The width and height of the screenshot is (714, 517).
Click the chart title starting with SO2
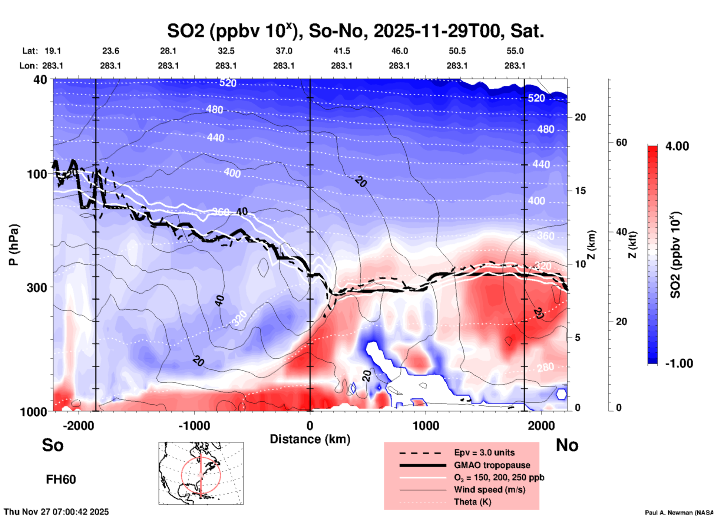click(355, 31)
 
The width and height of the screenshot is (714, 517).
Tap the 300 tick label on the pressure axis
click(37, 287)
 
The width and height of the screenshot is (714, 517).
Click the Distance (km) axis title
click(310, 439)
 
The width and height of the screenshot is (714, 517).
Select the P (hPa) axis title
click(14, 245)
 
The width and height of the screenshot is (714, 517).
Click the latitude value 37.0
click(284, 51)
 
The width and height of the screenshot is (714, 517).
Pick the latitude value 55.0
click(515, 51)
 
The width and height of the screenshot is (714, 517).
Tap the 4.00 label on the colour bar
click(677, 146)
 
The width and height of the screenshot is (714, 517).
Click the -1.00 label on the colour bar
click(679, 363)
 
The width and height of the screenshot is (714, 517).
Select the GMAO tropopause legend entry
click(492, 465)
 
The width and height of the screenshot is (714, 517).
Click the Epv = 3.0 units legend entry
click(484, 452)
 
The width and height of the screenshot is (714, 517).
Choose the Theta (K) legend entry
click(472, 502)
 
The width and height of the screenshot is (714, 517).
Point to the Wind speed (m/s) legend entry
click(489, 490)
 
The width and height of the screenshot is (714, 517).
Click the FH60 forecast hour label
click(61, 480)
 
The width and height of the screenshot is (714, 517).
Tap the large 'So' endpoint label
click(53, 445)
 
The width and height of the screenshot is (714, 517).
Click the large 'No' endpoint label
click(567, 445)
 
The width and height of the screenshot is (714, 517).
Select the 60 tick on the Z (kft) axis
click(621, 142)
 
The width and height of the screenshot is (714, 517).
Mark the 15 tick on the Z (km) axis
click(580, 191)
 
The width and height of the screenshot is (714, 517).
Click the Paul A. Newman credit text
click(679, 513)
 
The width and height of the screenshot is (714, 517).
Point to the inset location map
click(201, 473)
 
